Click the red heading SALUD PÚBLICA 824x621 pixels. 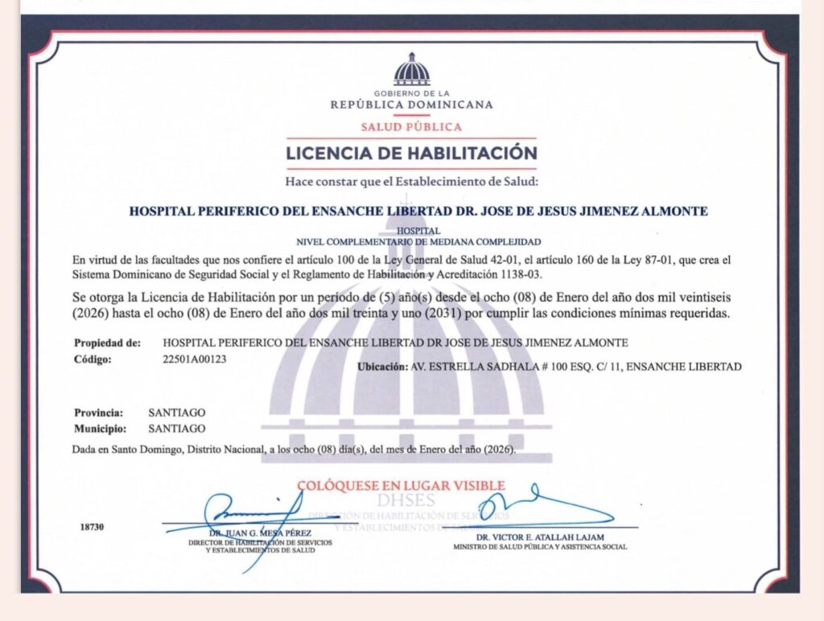[411, 126]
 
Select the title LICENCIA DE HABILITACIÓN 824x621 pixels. [411, 152]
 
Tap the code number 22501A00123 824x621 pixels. [195, 359]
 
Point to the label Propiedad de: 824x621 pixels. [108, 343]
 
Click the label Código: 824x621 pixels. [93, 359]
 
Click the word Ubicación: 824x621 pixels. [382, 367]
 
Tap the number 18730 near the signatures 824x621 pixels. [93, 528]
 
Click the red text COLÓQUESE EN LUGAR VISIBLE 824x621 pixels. [401, 485]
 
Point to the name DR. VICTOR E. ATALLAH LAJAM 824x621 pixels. [539, 537]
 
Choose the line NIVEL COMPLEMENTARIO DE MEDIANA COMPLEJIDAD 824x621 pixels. [418, 241]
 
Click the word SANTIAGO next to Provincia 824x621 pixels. [177, 412]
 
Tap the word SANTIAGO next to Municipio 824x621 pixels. [177, 429]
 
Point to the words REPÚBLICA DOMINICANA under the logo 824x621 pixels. [411, 105]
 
